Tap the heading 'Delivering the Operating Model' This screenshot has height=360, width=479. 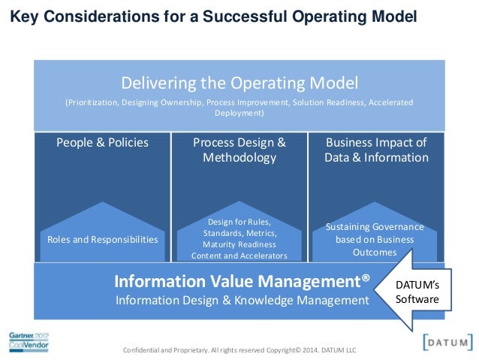pos(239,82)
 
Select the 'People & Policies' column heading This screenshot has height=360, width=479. pos(103,142)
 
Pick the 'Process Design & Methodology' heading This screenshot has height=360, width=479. pos(239,150)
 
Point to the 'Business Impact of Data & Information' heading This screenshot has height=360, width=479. pos(376,150)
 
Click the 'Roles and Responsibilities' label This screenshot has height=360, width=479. pos(103,240)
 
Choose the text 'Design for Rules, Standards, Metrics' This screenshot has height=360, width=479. pos(239,227)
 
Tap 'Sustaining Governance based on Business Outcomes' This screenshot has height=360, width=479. pos(375,240)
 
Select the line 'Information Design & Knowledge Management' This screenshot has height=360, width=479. pos(242,300)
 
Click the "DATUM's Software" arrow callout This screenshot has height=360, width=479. pos(421,292)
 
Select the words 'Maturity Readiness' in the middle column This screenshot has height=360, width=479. pos(239,244)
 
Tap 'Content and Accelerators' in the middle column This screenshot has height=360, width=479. pos(239,256)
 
